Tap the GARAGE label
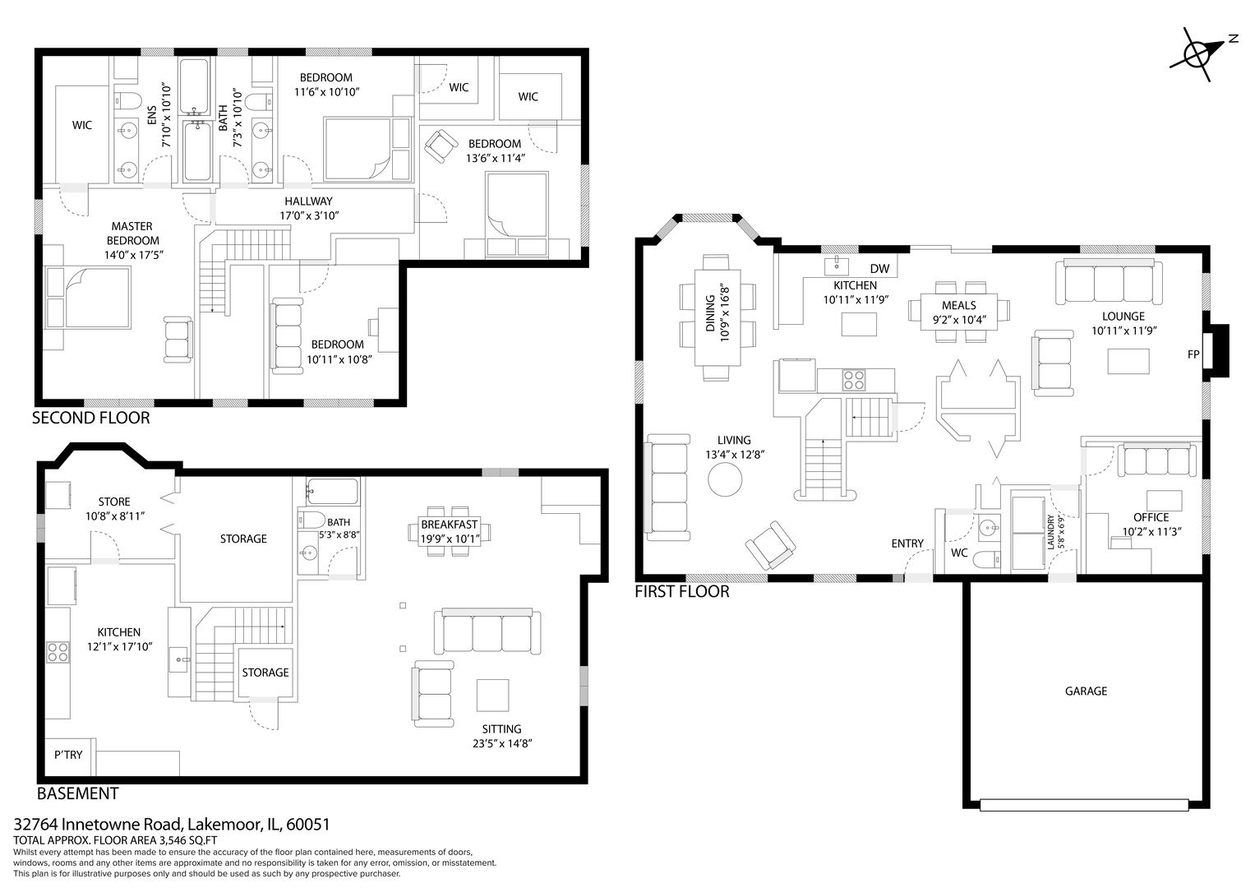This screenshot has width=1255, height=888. click(1086, 691)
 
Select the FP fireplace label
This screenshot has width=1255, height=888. click(1193, 354)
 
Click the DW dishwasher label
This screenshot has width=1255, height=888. click(879, 269)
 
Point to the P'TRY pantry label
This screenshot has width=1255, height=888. click(68, 755)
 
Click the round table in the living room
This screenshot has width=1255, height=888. click(725, 479)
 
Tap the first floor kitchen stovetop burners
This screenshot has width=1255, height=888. click(854, 380)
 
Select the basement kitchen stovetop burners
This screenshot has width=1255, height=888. click(58, 653)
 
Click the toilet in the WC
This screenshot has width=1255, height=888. click(987, 559)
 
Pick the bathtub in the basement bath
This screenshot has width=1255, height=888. click(333, 492)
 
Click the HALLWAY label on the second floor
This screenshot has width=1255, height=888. click(308, 201)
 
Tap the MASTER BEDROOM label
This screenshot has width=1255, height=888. click(132, 234)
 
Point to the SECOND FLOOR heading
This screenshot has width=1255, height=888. click(90, 418)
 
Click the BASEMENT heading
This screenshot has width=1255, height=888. click(78, 793)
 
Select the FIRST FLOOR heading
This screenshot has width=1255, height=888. click(682, 591)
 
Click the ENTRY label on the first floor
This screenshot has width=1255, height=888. click(907, 543)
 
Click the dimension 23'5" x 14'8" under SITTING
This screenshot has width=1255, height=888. click(501, 743)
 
